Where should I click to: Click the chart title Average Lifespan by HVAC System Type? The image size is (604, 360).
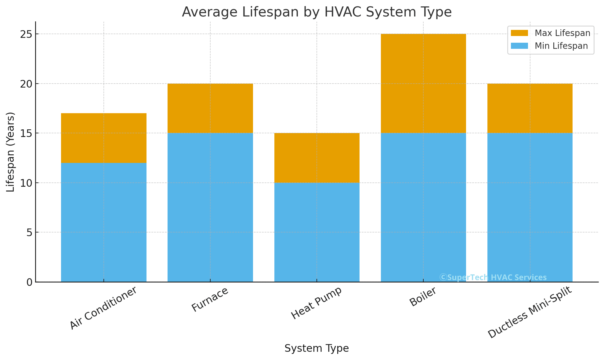[x=316, y=12]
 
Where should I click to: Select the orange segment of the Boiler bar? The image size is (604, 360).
[x=423, y=83]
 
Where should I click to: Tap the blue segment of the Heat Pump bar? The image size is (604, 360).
[x=317, y=232]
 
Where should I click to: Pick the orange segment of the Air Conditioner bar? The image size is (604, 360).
[x=104, y=138]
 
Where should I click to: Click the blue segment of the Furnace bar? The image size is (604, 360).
[x=210, y=207]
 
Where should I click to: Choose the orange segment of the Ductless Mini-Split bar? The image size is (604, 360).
[x=530, y=108]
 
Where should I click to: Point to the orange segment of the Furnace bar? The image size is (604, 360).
[x=210, y=108]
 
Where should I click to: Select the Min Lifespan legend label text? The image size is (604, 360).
[x=561, y=46]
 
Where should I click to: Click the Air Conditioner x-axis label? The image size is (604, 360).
[x=103, y=308]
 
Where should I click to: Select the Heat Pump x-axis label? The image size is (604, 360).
[x=316, y=303]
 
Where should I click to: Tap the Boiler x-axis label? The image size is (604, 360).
[x=423, y=297]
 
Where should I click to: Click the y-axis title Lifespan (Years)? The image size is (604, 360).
[x=11, y=152]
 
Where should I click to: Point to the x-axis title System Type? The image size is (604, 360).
[x=316, y=348]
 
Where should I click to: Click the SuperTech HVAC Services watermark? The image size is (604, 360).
[x=493, y=277]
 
